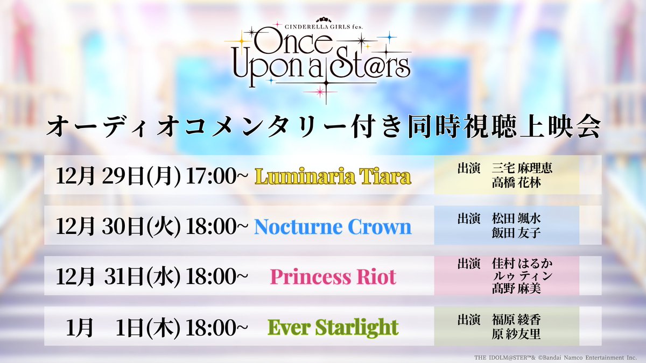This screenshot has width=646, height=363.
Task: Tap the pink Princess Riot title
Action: (x=333, y=277)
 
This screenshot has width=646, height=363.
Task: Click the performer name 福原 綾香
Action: (x=516, y=320)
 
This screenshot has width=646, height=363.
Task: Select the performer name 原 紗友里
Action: (x=516, y=334)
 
